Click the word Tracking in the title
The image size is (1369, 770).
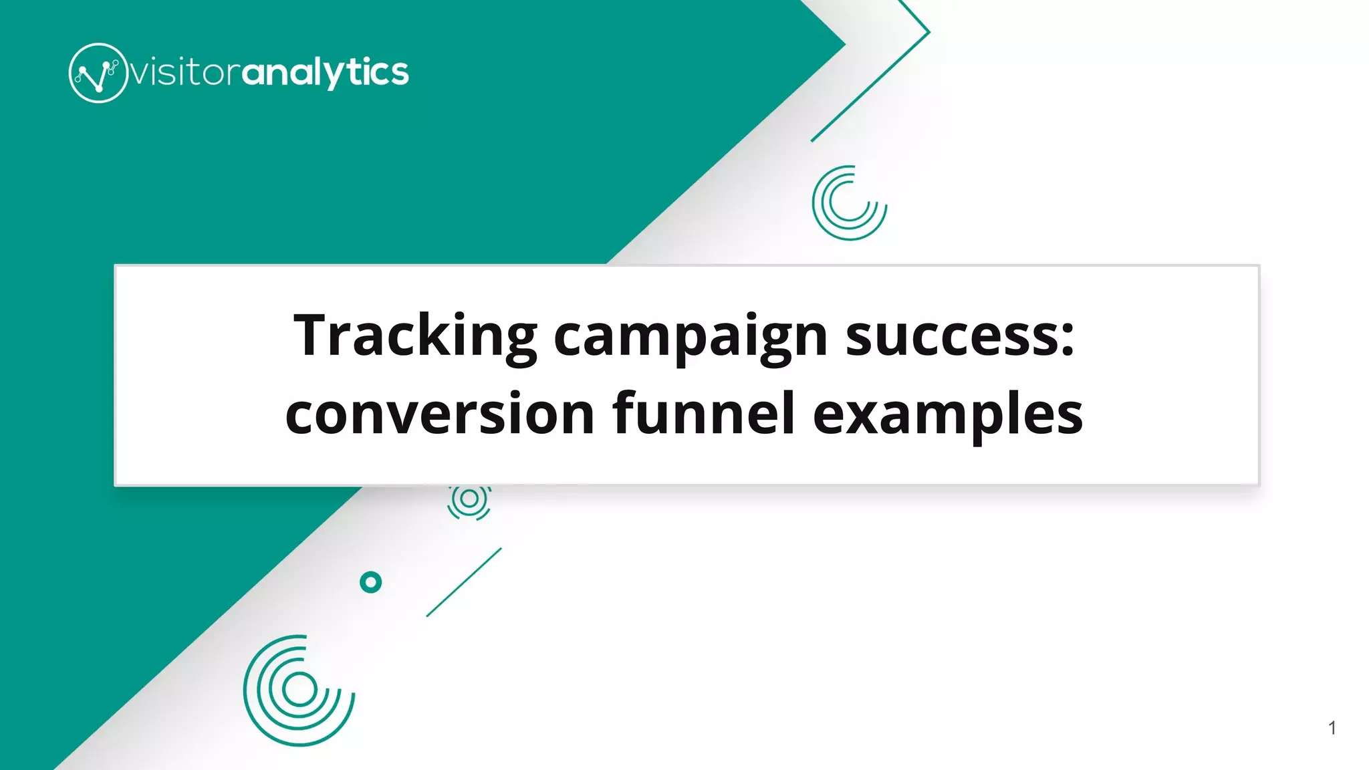[x=414, y=336]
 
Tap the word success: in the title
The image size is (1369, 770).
[x=959, y=336]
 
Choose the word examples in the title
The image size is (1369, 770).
[x=947, y=414]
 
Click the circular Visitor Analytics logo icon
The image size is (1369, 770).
[x=98, y=73]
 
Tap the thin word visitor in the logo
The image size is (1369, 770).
[x=184, y=72]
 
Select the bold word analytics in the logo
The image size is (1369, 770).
[x=325, y=72]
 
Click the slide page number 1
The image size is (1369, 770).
[x=1332, y=728]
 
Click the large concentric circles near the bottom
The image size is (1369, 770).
[x=299, y=690]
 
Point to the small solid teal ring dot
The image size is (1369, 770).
[x=370, y=582]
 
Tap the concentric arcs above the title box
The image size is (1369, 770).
[x=849, y=203]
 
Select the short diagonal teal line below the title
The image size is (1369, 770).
[x=464, y=582]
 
